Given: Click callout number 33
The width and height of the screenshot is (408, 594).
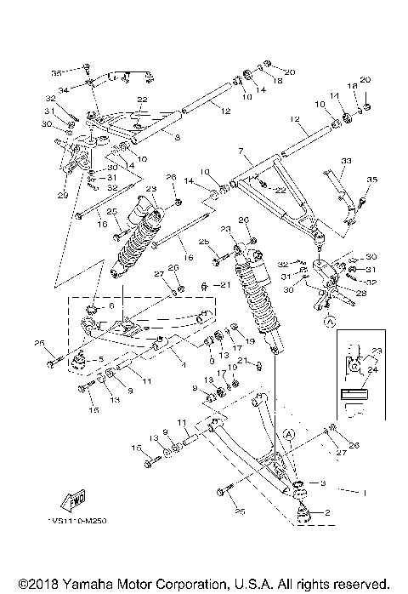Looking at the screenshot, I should coord(345,160).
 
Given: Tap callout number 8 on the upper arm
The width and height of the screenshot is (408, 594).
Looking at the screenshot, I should coord(177,136).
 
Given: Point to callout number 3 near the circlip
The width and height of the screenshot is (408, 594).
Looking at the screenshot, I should coord(323,483).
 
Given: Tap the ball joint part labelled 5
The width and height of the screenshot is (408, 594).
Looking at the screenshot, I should coord(76,363).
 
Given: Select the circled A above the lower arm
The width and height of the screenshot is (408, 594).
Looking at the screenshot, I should coord(289,433).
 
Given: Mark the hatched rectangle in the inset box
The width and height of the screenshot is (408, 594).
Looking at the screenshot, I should coord(356,395).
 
